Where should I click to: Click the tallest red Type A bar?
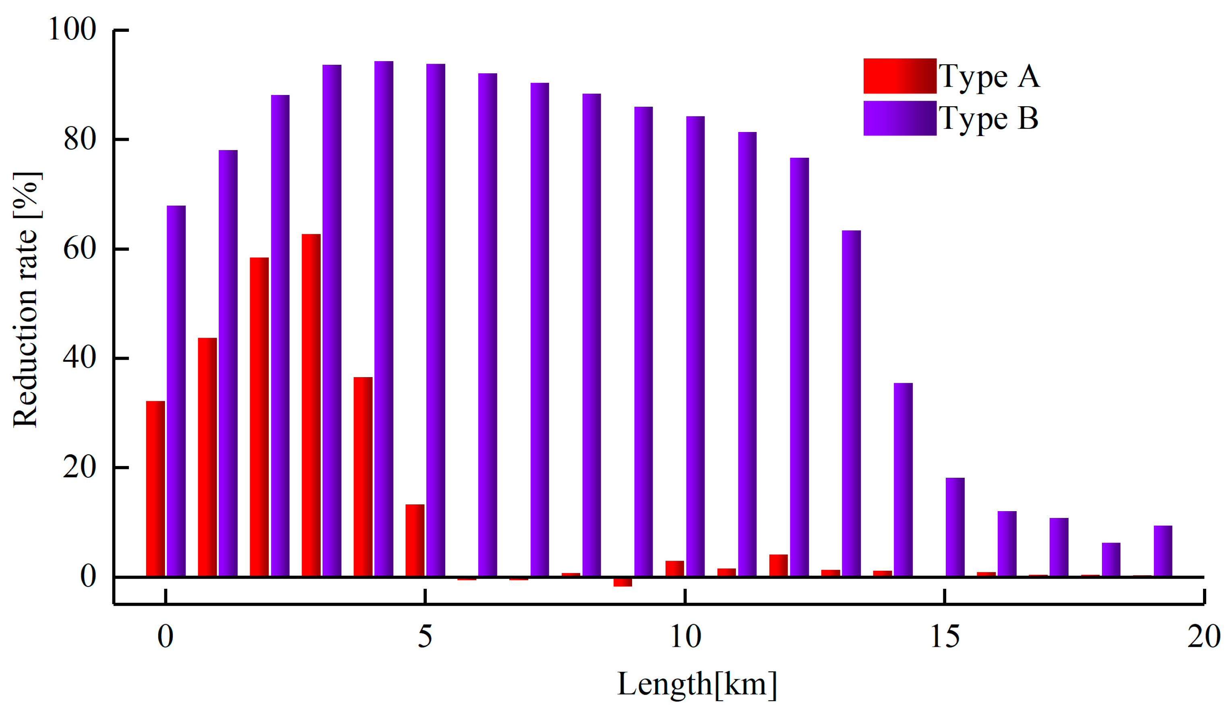tap(311, 405)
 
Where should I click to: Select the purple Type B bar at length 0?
tap(176, 390)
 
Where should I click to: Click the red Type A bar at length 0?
tap(155, 488)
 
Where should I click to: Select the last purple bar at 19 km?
tap(1163, 551)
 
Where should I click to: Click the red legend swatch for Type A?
tap(899, 76)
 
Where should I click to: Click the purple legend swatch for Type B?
tap(899, 118)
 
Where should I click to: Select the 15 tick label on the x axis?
tap(945, 636)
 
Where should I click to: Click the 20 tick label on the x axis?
tap(1203, 636)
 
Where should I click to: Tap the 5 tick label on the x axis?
tap(425, 636)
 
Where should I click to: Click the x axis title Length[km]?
tap(697, 684)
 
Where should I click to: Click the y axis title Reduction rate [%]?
tap(25, 300)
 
